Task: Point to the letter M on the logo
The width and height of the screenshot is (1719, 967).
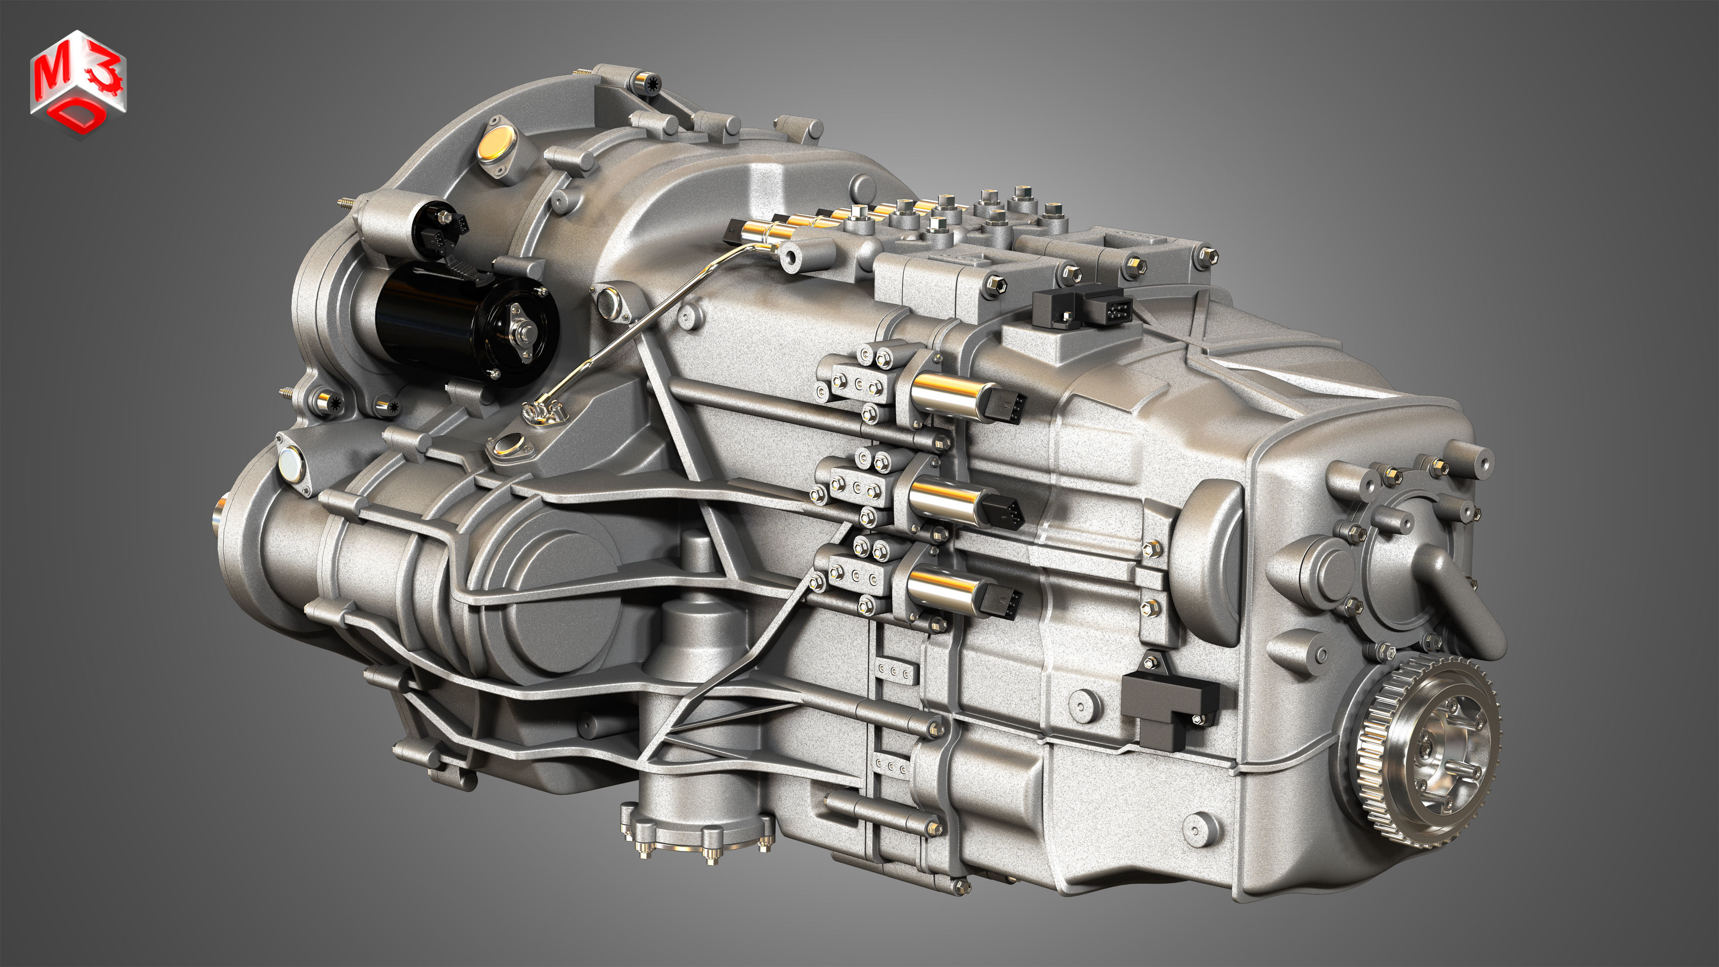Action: coord(51,75)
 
